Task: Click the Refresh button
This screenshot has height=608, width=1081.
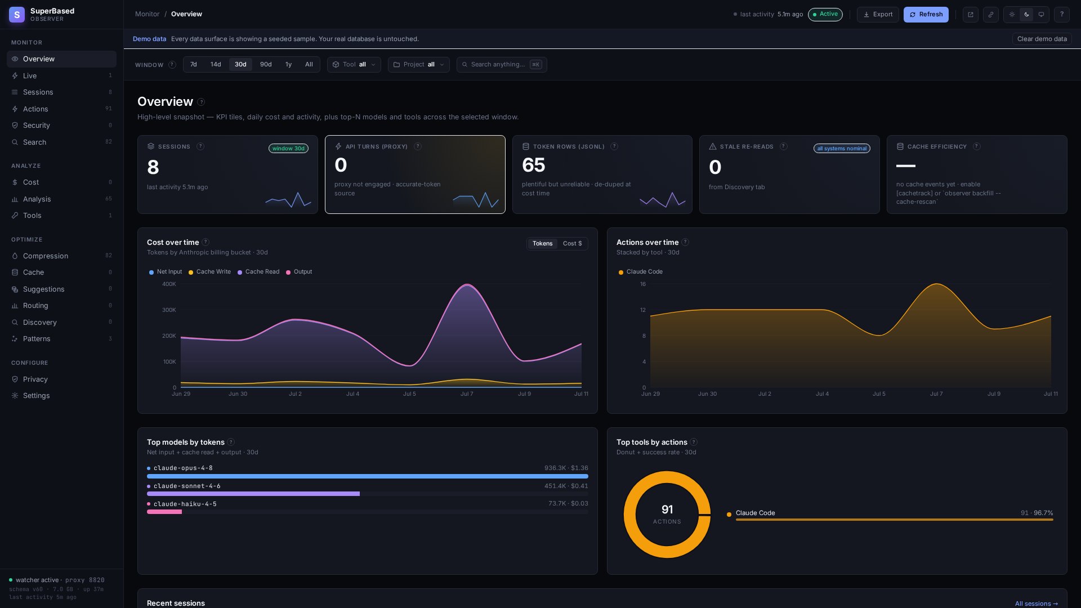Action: coord(926,15)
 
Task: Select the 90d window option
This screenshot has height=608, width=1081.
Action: coord(266,65)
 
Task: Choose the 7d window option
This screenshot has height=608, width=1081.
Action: coord(194,65)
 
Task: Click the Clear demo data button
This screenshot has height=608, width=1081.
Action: coord(1042,39)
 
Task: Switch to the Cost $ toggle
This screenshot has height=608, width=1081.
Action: coord(572,244)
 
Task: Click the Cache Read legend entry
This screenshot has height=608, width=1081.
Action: coord(258,272)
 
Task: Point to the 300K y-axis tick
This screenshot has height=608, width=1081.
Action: coord(169,310)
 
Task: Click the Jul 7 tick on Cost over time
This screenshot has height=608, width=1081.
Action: coord(467,394)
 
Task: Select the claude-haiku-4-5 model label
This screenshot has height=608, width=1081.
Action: coord(185,504)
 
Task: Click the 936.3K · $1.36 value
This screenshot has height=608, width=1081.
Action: coord(566,468)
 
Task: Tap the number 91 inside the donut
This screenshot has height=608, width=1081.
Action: coord(667,509)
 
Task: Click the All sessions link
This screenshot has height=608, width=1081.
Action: coord(1036,604)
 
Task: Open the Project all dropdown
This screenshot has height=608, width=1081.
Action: coord(418,65)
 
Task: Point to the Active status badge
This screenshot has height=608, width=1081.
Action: coord(825,15)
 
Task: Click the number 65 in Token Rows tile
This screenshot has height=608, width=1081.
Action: coord(534,166)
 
